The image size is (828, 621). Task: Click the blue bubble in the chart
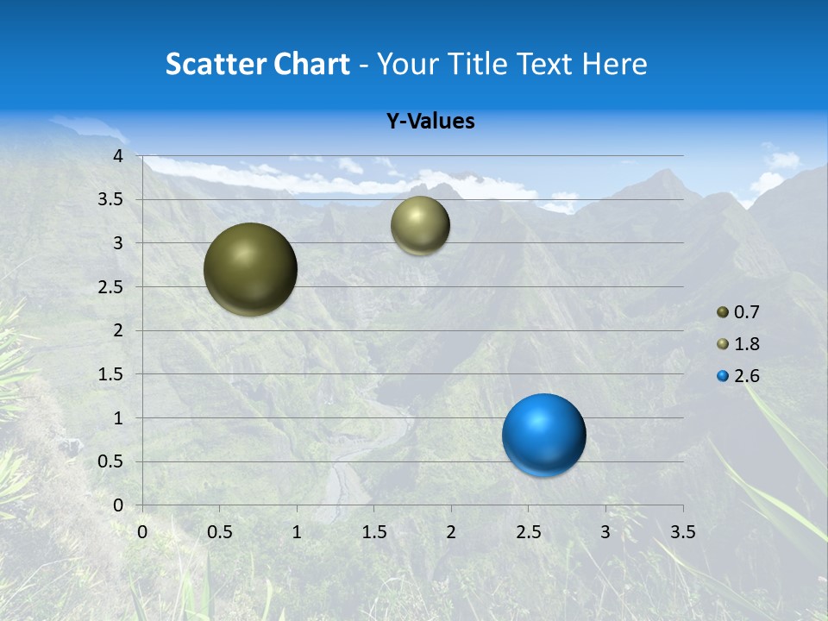pyautogui.click(x=543, y=435)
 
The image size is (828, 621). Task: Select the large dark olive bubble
pyautogui.click(x=250, y=269)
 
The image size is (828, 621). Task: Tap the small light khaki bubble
pyautogui.click(x=420, y=225)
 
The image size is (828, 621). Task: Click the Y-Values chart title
pyautogui.click(x=430, y=122)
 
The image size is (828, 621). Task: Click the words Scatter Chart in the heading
pyautogui.click(x=257, y=64)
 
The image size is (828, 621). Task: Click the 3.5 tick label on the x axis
pyautogui.click(x=682, y=532)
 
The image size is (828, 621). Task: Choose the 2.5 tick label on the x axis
pyautogui.click(x=528, y=532)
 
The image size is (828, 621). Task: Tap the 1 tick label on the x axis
pyautogui.click(x=297, y=532)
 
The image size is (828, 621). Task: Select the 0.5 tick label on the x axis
pyautogui.click(x=219, y=532)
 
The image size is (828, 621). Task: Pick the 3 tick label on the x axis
pyautogui.click(x=605, y=532)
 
